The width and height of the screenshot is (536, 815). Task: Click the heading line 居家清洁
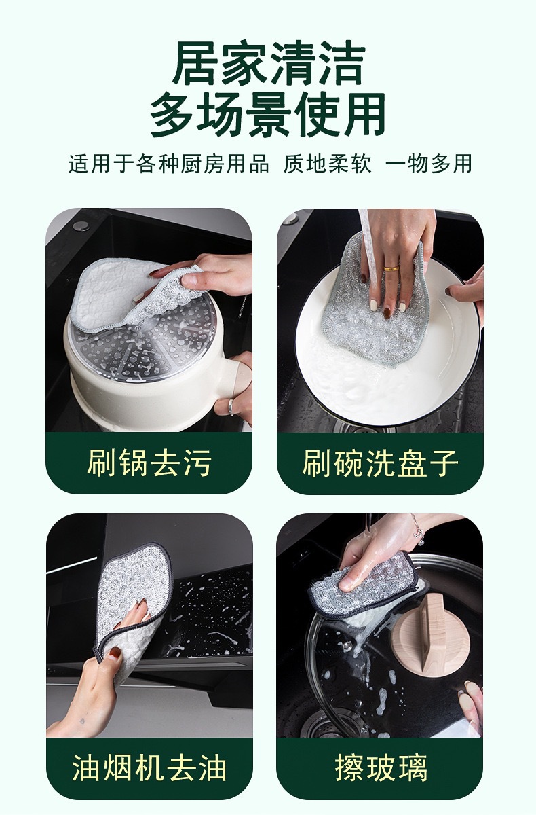pos(268,64)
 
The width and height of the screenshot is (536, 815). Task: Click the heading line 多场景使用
pos(268,115)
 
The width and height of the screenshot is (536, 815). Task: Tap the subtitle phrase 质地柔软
pos(328,164)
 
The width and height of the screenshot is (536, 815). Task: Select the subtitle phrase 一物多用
pos(429,164)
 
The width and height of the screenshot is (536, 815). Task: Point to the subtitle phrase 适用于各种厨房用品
pos(169,164)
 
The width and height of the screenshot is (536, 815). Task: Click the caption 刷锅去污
pos(149,463)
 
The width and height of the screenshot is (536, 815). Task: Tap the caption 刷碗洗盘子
pos(380,463)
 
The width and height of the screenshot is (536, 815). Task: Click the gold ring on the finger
pos(391,269)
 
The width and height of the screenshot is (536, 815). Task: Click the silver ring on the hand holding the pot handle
pos(231,407)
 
